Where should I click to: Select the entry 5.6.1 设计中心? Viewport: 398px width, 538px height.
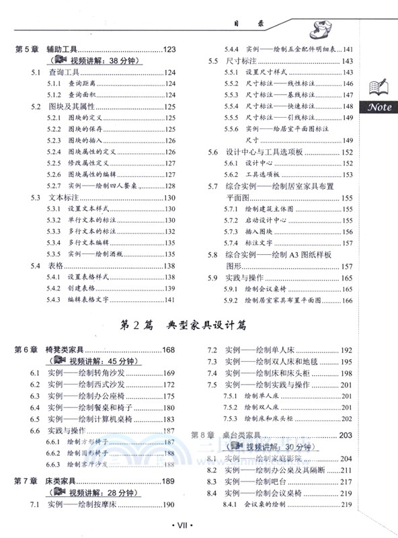coord(256,163)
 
